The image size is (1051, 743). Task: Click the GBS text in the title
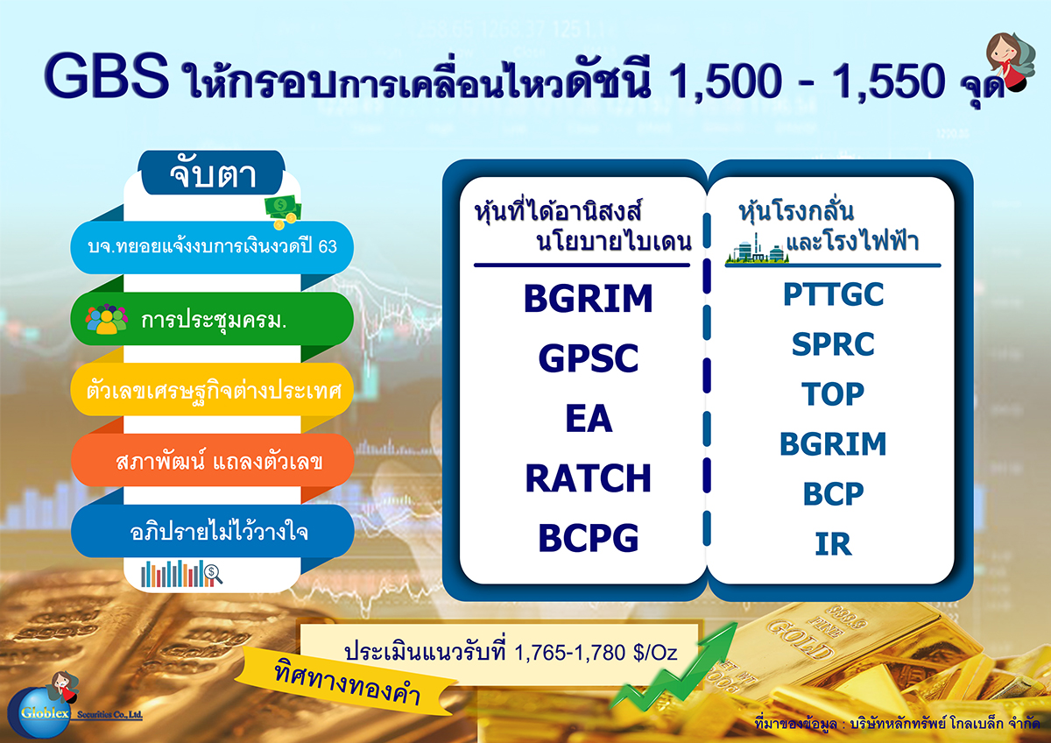coord(106,76)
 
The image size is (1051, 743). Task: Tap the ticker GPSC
coord(589,358)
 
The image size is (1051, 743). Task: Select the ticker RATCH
coord(589,478)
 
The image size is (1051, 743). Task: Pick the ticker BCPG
coord(589,538)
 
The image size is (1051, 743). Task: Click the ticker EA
coord(589,418)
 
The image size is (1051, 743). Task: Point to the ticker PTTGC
coord(833,294)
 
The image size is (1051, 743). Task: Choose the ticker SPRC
coord(833,344)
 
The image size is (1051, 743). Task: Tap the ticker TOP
coord(833,393)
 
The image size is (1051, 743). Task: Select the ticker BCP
coord(833,494)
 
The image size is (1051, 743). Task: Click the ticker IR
coord(833,544)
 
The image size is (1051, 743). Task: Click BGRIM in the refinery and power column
coord(833,444)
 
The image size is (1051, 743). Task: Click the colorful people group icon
coord(107,319)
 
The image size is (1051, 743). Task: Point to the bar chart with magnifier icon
coord(181,573)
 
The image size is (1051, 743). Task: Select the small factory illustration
coord(757,249)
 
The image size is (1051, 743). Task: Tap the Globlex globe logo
coord(40,712)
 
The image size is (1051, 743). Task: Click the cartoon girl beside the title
coord(1009,61)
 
